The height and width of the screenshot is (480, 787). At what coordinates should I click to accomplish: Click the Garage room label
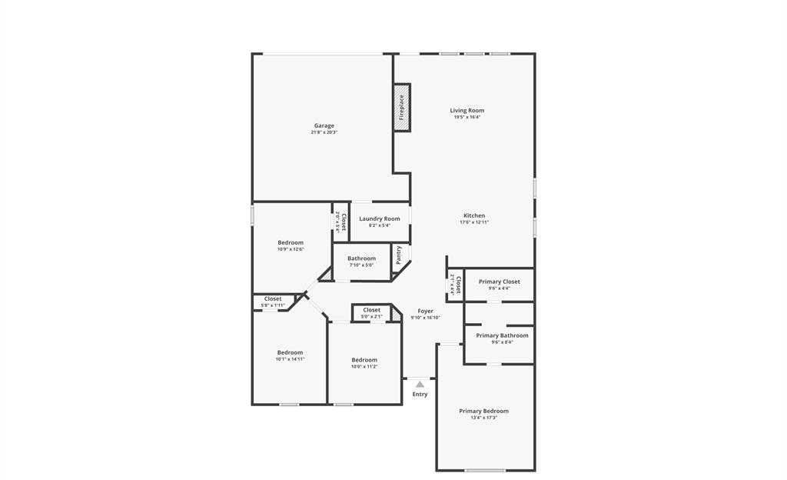(324, 125)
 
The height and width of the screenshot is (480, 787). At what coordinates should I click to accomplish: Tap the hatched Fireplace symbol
(401, 107)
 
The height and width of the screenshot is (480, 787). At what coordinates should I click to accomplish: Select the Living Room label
(467, 111)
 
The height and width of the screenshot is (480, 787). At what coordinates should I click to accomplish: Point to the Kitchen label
(474, 215)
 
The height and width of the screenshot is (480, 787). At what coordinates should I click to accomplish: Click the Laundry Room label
(380, 218)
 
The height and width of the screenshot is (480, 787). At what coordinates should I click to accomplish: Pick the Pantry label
(398, 255)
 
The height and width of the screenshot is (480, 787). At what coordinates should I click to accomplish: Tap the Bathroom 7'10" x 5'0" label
(361, 258)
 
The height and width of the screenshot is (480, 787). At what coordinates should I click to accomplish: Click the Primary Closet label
(499, 282)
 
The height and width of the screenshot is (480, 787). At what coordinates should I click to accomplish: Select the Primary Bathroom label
(502, 335)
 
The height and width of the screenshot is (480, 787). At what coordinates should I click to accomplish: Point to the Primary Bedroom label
(483, 411)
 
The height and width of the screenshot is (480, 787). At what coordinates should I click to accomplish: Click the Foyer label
(425, 311)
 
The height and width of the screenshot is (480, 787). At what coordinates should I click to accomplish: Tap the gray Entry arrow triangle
(420, 383)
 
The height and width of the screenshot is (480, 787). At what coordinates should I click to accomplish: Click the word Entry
(420, 395)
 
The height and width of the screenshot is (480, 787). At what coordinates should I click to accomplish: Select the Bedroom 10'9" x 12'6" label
(291, 242)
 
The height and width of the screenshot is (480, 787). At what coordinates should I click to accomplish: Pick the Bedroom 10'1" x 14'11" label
(290, 352)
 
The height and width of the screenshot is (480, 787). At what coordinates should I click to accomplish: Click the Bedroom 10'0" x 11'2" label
(364, 360)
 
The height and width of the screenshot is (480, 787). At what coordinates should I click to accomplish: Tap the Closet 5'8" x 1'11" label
(273, 298)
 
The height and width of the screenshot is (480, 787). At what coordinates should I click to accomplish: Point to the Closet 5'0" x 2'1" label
(371, 310)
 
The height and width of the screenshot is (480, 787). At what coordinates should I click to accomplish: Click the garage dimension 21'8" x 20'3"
(324, 132)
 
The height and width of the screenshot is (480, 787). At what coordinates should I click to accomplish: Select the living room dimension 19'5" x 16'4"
(467, 118)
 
